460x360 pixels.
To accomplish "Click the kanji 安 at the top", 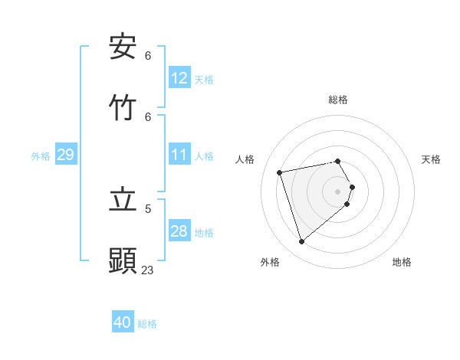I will click(123, 47).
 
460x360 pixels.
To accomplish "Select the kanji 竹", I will click(123, 107).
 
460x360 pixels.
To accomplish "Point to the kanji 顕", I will click(123, 260).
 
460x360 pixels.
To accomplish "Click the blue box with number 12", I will click(179, 78).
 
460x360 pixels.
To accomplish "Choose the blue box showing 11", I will click(179, 155).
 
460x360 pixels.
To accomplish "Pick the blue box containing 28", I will click(179, 232).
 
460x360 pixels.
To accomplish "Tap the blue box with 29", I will click(65, 155).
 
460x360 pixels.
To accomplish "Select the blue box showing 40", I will click(123, 322).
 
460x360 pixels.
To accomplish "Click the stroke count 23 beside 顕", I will click(147, 270).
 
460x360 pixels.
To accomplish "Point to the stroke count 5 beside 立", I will click(148, 208).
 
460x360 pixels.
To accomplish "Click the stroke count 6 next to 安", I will click(148, 56).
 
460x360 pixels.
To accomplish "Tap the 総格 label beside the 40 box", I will click(147, 324).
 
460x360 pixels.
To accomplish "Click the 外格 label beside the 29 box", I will click(41, 156).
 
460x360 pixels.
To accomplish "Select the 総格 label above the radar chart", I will click(338, 100).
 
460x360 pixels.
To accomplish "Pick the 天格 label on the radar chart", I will click(431, 159).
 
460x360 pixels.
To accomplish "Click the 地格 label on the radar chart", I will click(402, 262).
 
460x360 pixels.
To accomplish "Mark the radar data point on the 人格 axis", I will click(280, 172).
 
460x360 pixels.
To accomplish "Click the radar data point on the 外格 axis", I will click(301, 242).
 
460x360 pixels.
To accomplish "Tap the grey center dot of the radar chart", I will click(338, 191).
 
